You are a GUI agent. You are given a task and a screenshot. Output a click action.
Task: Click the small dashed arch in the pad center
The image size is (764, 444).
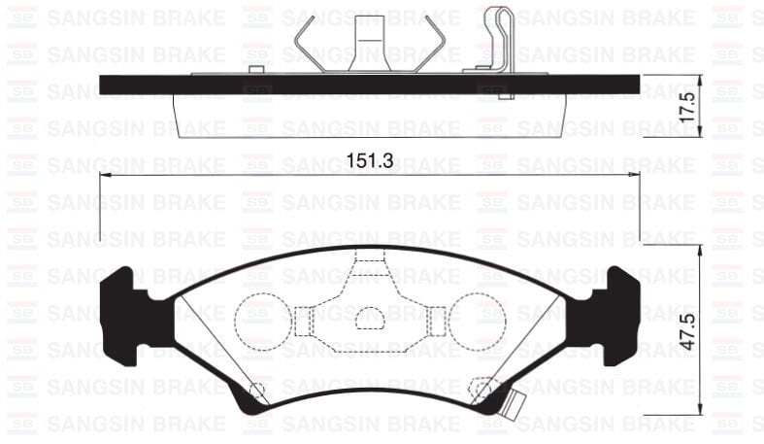click(x=371, y=319)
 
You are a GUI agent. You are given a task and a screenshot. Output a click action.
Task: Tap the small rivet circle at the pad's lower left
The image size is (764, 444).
click(x=257, y=391)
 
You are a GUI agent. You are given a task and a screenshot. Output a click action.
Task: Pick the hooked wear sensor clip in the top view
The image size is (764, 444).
click(x=499, y=39)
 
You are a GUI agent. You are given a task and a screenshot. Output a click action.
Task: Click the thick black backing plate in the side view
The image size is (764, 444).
click(x=370, y=85)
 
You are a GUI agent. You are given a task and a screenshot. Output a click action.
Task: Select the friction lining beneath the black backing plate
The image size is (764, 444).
click(x=370, y=114)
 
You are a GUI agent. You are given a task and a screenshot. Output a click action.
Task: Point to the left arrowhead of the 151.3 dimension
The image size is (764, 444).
click(x=105, y=175)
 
